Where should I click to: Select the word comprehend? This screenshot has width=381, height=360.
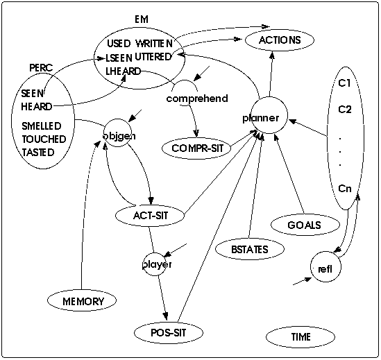point(197,98)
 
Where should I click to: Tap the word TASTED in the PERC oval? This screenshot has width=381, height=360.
point(38,153)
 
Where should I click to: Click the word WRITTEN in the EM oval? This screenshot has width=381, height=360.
point(154,44)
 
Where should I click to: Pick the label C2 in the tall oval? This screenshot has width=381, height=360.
point(345,110)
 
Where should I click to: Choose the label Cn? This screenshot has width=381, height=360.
point(345,188)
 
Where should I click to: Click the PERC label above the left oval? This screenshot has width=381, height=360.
point(41,68)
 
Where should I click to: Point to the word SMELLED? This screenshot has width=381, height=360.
point(42,126)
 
